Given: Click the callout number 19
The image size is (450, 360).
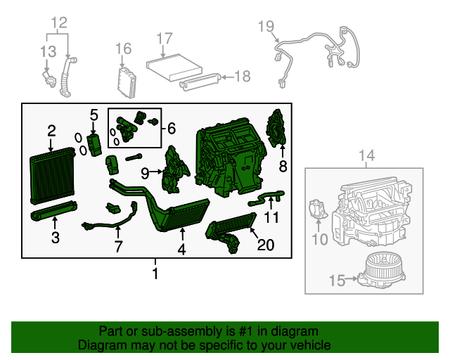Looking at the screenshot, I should coord(265,27).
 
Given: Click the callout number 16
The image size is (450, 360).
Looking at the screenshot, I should coord(124,48).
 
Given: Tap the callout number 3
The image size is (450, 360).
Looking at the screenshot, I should coord(55,237).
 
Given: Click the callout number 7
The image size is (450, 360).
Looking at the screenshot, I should coord(118,246).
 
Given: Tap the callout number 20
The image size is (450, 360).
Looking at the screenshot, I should coord(266,245).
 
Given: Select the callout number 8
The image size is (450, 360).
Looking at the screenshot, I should coord(283,166).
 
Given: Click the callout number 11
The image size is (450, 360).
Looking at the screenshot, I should coord(271,217).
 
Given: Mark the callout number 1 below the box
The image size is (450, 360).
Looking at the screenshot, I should coord(155,273).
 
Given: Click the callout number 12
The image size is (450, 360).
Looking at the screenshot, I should coord(59,22).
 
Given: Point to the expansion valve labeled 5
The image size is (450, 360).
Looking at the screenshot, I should coord(95,144).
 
